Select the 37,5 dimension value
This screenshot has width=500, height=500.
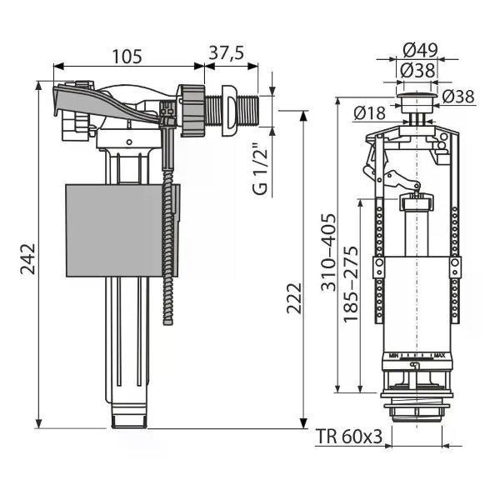pos(227,53)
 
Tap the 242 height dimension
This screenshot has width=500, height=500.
pos(27,259)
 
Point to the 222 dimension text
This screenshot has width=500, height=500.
pos(293,297)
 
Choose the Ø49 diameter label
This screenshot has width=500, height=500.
pos(420,50)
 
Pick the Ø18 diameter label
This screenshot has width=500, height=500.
pos(369,113)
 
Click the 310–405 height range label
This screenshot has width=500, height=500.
pos(328,252)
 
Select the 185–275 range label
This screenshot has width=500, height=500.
pos(351,284)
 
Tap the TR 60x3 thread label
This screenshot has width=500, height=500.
pos(349,436)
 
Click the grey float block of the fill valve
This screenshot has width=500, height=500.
pos(122,230)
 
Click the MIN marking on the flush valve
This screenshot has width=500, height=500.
pos(394,356)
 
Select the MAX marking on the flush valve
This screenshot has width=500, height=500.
pos(440,356)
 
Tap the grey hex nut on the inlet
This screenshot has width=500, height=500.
pos(192,111)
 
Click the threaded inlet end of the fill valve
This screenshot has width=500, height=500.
pos(248,111)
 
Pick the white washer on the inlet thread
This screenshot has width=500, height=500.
pos(230,111)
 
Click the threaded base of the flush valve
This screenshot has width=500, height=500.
pos(417,412)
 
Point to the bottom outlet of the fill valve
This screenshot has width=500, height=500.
pos(129,416)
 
